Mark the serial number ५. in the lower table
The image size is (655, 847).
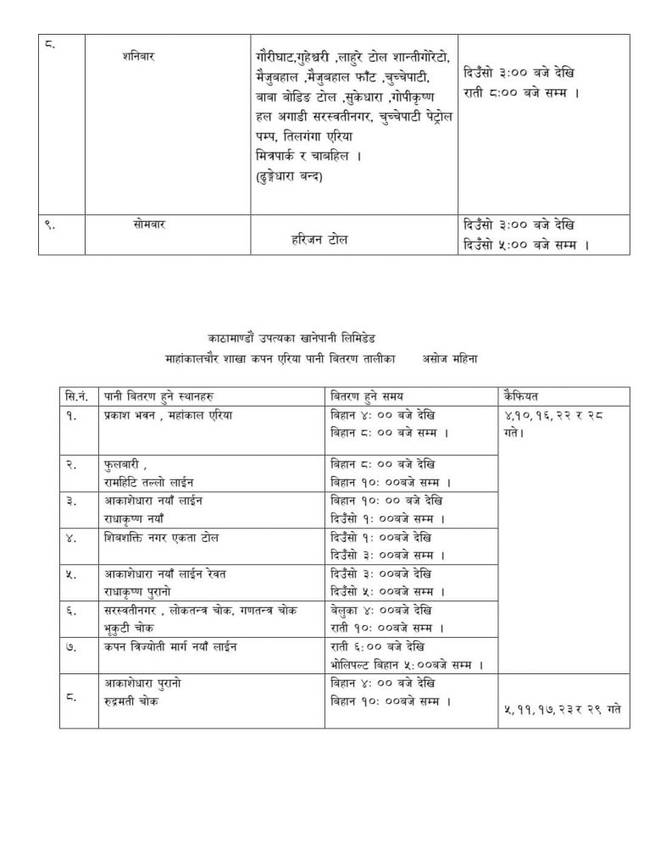pos(72,574)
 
